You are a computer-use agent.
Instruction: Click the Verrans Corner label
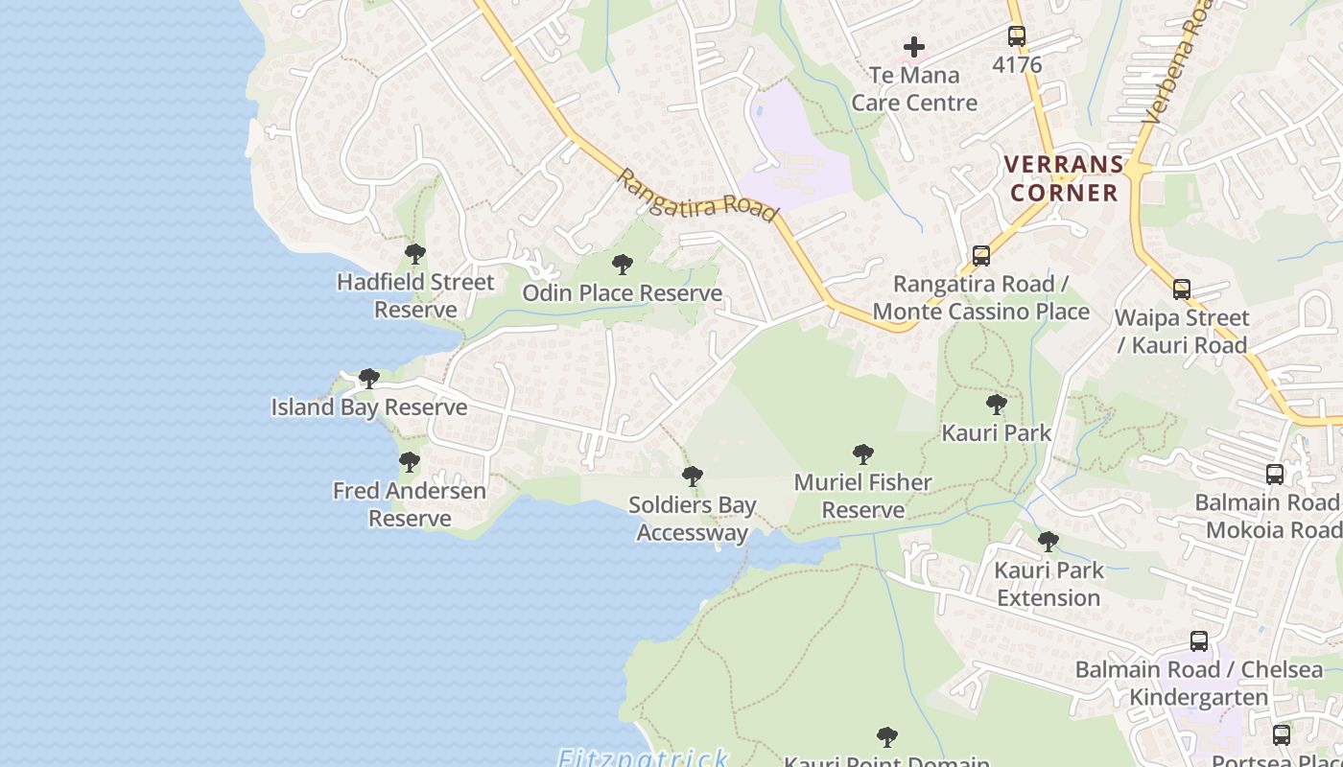coord(1062,178)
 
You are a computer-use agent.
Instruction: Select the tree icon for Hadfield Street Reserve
coord(415,254)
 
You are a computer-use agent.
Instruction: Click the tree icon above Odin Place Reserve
coord(623,264)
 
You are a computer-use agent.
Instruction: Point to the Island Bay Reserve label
coord(369,407)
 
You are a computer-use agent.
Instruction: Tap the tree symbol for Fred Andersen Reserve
coord(410,462)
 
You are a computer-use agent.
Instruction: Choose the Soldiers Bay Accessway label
coord(692,519)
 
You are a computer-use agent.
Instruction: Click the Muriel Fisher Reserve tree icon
coord(863,453)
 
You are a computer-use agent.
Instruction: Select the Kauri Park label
coord(997,432)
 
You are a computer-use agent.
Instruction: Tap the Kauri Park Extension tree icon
coord(1048,542)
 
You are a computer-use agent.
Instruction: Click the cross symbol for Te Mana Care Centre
coord(914,46)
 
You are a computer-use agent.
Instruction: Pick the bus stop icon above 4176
coord(1017,36)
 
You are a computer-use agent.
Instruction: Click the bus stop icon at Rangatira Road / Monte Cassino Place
coord(981,256)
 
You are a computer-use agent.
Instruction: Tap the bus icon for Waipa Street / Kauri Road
coord(1182,289)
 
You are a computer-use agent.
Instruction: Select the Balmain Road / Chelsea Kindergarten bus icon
coord(1199,641)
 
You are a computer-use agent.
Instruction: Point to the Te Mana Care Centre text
coord(914,88)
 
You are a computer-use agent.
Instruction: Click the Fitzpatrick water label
coord(643,758)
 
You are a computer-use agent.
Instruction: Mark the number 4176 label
coord(1017,65)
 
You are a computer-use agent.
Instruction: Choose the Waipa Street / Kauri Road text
coord(1182,331)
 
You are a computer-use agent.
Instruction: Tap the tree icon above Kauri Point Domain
coord(887,736)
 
